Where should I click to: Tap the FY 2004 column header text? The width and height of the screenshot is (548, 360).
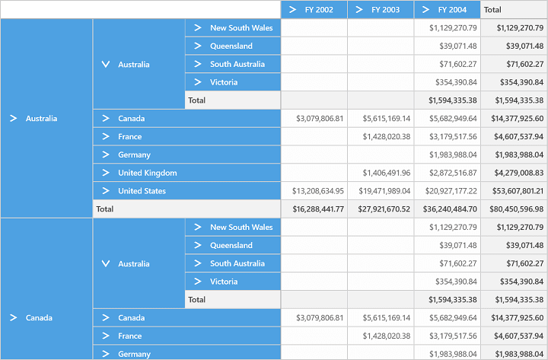[452, 10]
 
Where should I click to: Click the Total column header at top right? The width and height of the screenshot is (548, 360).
[492, 10]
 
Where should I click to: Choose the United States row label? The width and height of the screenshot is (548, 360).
[142, 191]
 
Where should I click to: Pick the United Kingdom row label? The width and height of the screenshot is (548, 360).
[148, 173]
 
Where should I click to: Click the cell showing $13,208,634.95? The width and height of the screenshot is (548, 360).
[318, 191]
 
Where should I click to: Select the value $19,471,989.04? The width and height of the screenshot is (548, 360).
[384, 191]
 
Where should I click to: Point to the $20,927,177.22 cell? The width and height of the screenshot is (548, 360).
[451, 191]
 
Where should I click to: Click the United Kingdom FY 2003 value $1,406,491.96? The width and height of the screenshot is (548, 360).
[387, 173]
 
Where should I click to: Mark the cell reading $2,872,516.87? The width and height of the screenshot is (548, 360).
[454, 173]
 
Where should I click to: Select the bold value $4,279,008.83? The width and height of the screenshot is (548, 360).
[519, 173]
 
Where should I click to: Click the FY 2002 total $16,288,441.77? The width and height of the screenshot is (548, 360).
[318, 209]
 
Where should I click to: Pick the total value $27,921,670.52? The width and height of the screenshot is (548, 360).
[384, 209]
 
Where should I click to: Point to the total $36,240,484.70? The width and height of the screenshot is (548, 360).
[450, 209]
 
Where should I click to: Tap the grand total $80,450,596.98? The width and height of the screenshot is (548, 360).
[517, 209]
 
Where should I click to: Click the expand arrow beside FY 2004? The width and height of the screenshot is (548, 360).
[425, 9]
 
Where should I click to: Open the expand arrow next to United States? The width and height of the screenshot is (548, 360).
[106, 190]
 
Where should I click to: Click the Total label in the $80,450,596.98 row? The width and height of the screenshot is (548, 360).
[105, 209]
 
